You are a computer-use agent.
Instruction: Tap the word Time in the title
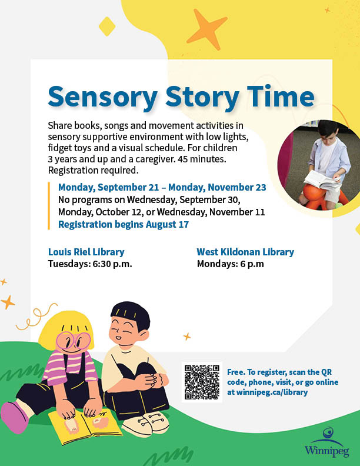(x=281, y=96)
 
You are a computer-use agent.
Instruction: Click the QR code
(x=202, y=382)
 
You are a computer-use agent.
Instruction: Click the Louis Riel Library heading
(x=86, y=252)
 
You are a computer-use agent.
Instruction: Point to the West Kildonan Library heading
(x=245, y=252)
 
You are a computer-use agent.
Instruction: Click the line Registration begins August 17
(x=124, y=224)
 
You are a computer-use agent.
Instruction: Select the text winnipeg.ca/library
(x=272, y=392)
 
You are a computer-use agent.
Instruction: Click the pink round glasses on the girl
(x=73, y=341)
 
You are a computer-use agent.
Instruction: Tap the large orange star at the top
(x=206, y=29)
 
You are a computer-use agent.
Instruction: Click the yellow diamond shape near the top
(x=107, y=26)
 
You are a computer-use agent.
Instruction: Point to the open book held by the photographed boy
(x=322, y=180)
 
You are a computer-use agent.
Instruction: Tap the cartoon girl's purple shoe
(x=14, y=417)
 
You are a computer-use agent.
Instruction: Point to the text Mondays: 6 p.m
(x=231, y=264)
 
